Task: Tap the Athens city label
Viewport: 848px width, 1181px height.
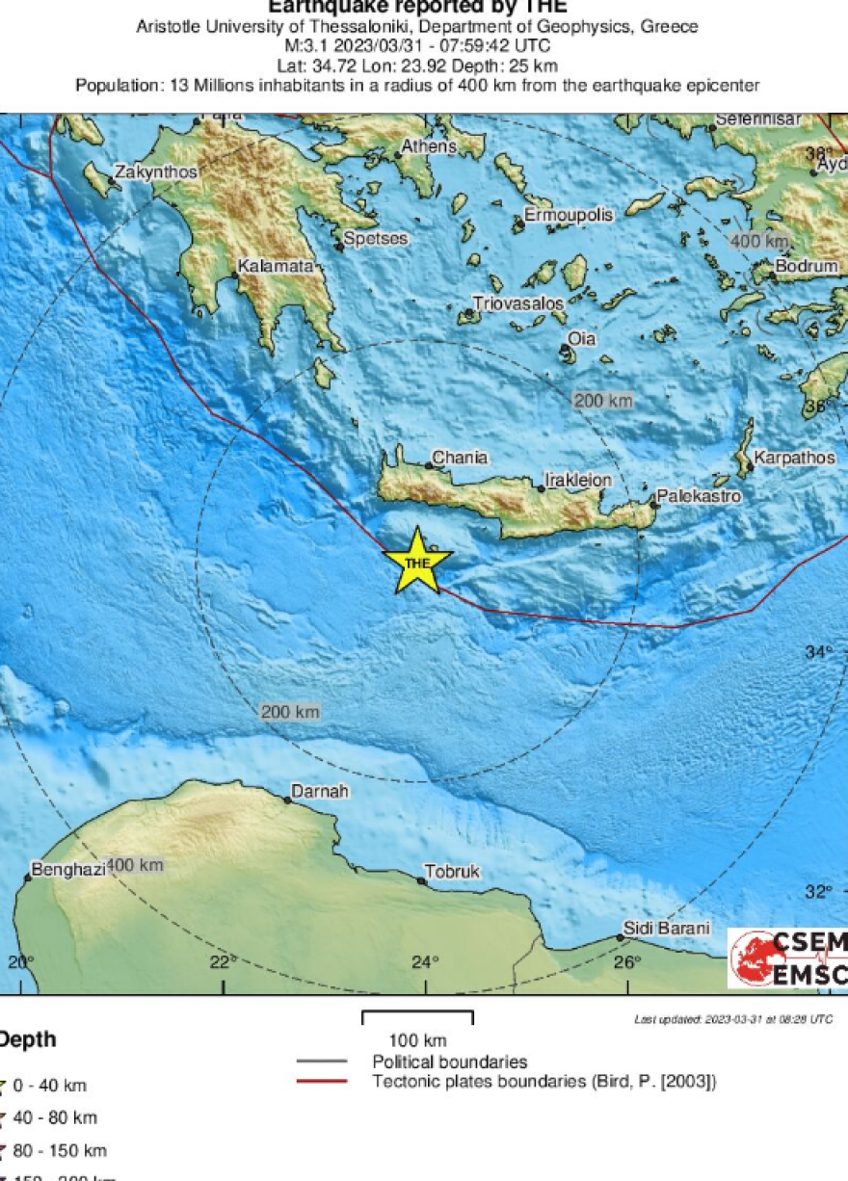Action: coord(428,146)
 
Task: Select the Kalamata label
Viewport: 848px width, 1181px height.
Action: coord(276,267)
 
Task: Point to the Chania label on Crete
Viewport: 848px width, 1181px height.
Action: coord(460,458)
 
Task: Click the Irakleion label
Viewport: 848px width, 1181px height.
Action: coord(578,479)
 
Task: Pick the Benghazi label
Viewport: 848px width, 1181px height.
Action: coord(67,870)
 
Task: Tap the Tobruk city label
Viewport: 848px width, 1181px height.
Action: coord(453,872)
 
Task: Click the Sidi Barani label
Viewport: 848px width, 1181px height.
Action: coord(667,929)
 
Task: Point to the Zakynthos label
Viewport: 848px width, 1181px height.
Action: coord(155,172)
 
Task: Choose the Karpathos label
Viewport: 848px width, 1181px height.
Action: coord(795,458)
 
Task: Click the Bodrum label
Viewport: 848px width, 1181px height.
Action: coord(808,266)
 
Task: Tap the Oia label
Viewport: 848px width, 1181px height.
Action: coord(581,339)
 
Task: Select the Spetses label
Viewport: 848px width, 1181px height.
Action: coord(376,239)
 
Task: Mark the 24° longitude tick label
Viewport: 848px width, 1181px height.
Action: coord(425,961)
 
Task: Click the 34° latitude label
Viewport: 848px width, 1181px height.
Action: coord(818,653)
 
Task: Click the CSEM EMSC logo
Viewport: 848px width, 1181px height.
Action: coord(787,958)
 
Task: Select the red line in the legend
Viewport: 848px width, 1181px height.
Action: coord(321,1082)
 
